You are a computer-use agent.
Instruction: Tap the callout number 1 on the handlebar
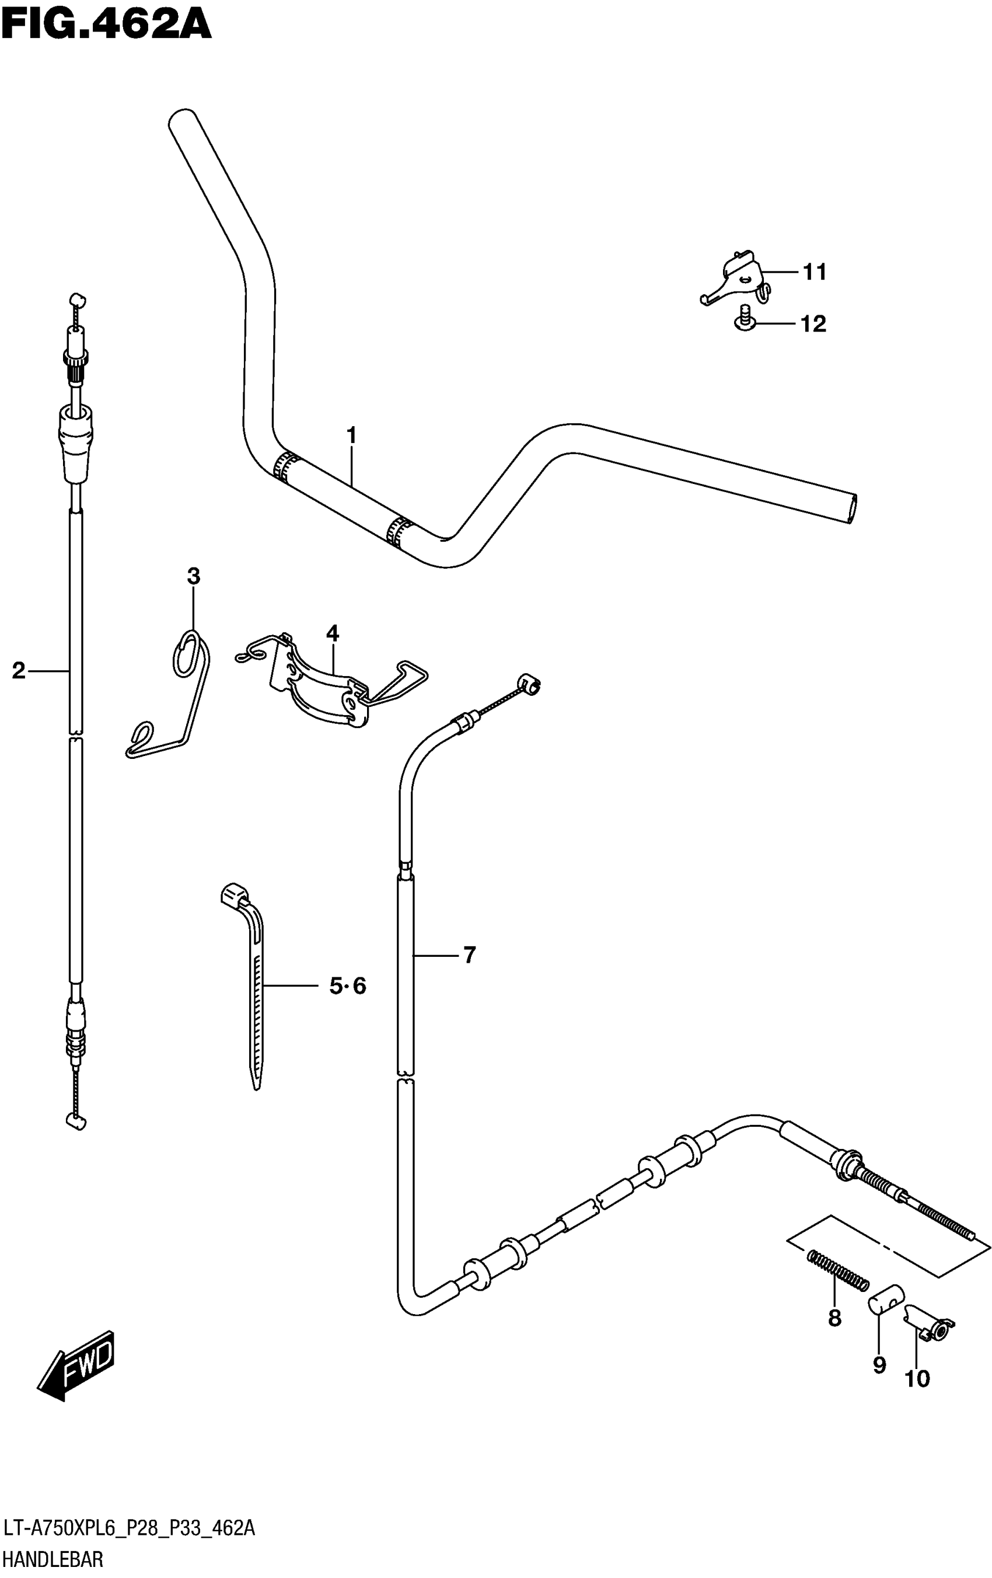click(x=351, y=435)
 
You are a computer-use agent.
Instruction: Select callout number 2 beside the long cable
click(x=18, y=670)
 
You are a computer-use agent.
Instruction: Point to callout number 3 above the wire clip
click(x=193, y=577)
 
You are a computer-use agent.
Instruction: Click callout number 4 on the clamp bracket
click(x=332, y=633)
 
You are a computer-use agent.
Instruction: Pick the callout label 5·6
click(x=347, y=985)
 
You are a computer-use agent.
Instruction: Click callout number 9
click(x=879, y=1365)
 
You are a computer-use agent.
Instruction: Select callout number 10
click(x=917, y=1380)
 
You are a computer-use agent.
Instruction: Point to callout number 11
click(x=815, y=272)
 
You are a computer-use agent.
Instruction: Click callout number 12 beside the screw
click(x=813, y=324)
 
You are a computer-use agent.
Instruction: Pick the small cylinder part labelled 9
click(x=886, y=1299)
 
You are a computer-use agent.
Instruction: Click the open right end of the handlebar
click(x=852, y=508)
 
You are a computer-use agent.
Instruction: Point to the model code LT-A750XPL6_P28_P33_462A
click(x=129, y=1529)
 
